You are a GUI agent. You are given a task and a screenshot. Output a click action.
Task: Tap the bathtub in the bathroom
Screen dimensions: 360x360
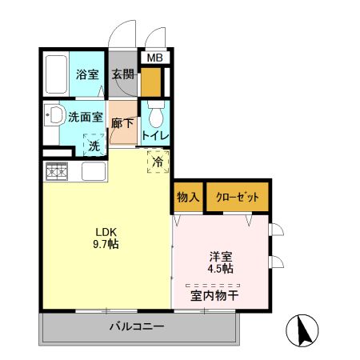55,74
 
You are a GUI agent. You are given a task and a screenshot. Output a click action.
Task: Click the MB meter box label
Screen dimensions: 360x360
153,58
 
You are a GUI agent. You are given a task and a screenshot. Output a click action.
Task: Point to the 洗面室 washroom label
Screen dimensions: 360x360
83,116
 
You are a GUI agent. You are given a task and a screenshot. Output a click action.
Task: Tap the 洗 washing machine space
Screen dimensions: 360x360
94,146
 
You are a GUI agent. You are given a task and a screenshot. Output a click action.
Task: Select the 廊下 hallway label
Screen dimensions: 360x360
122,124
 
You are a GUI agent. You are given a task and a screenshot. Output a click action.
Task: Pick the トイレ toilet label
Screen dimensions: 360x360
154,135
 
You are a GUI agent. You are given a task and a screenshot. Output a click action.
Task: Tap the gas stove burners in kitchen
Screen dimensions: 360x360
57,171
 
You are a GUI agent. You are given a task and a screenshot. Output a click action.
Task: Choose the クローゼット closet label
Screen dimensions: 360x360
237,197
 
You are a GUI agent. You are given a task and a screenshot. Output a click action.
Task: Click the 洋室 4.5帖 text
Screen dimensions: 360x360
221,262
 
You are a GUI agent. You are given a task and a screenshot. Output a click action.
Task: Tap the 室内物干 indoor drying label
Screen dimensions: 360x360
214,295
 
